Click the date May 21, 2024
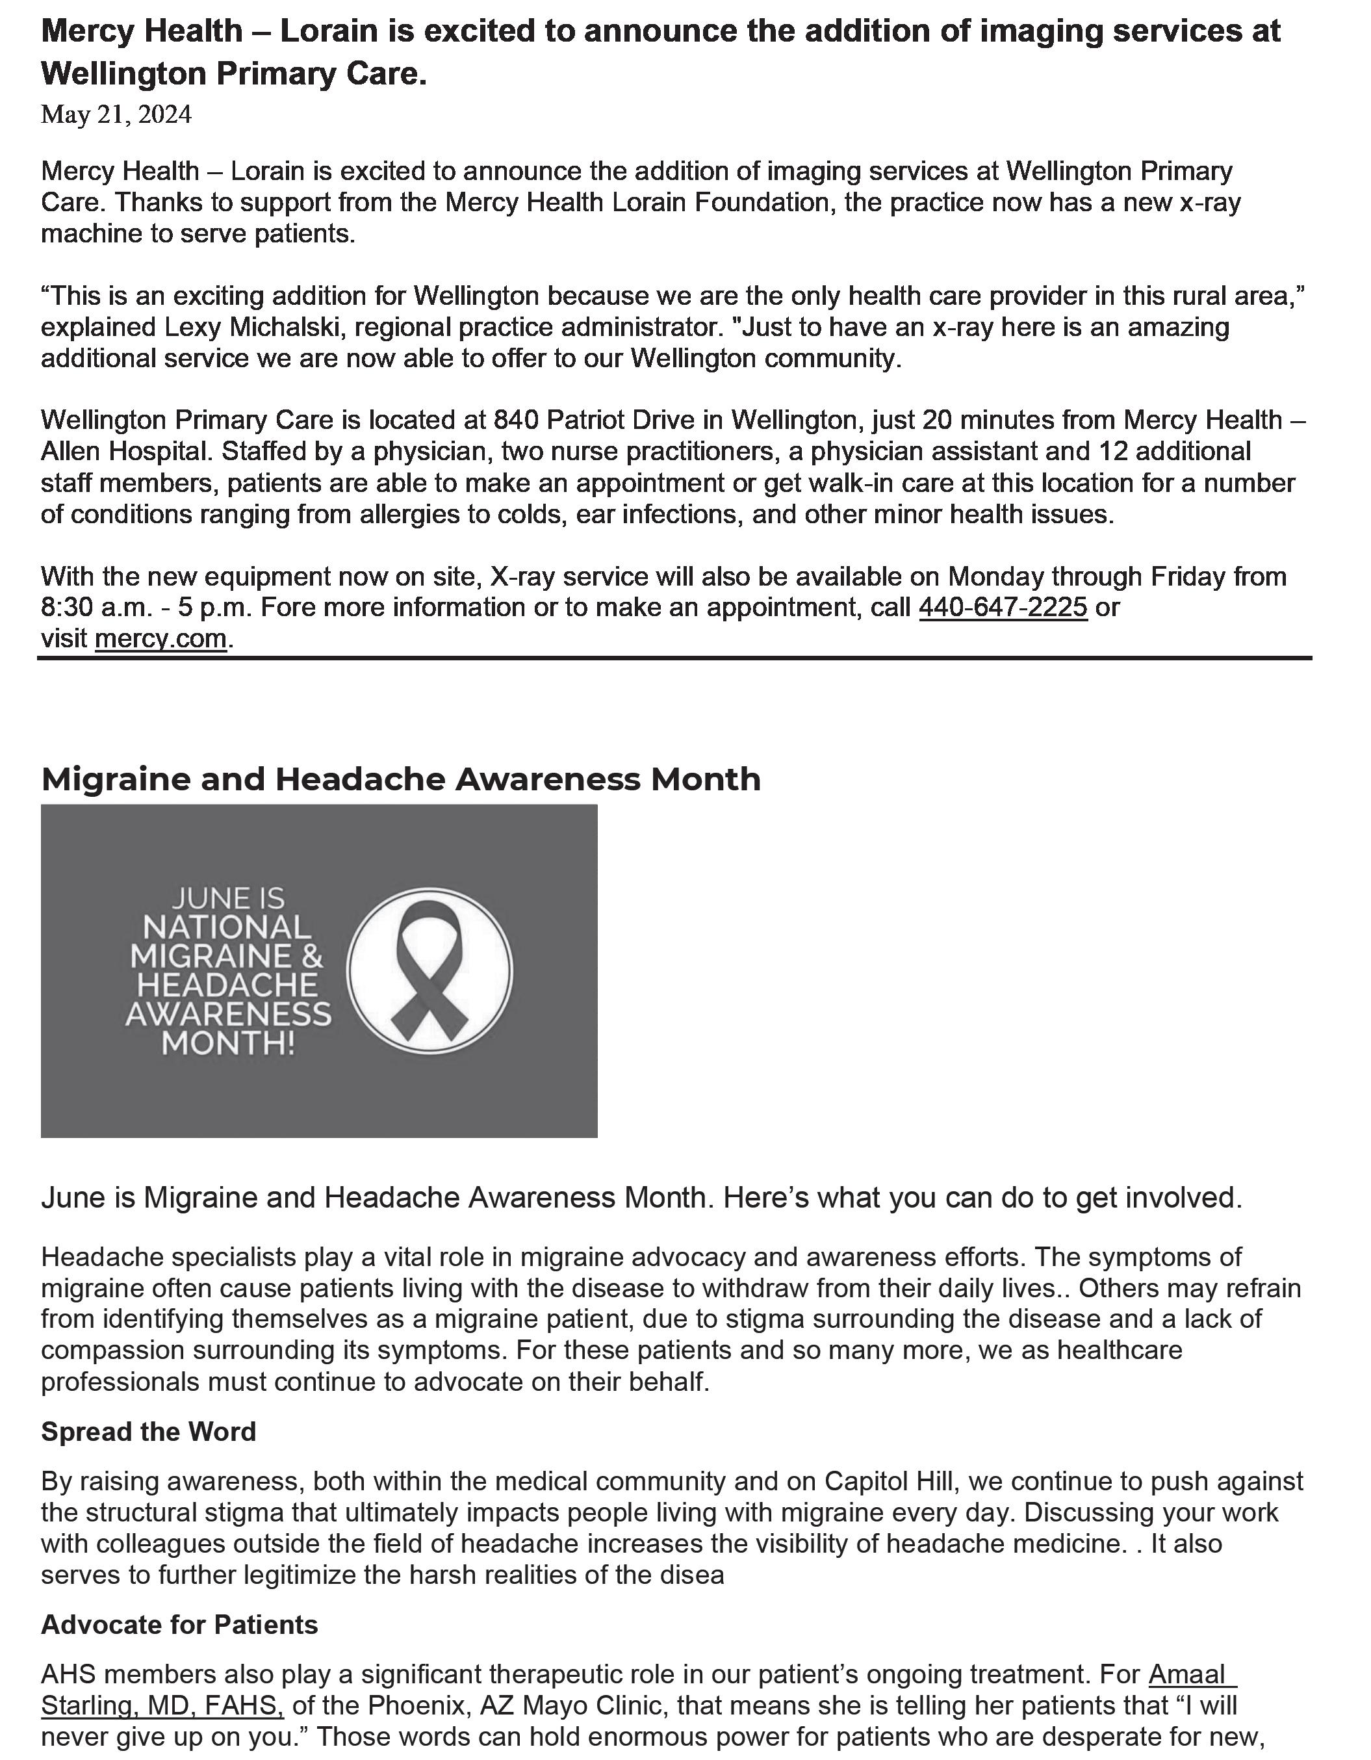click(x=116, y=115)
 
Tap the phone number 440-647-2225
click(x=1002, y=607)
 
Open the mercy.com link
click(x=160, y=638)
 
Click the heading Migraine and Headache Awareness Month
click(x=400, y=779)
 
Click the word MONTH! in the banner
click(x=228, y=1042)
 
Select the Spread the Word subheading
click(x=148, y=1431)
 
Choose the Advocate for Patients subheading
click(x=179, y=1624)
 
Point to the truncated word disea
click(x=689, y=1575)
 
